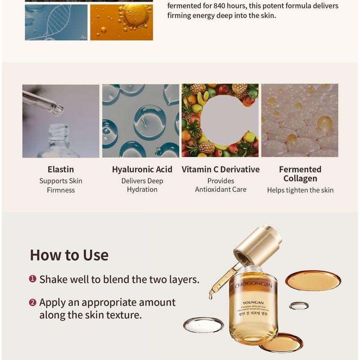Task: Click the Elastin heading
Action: [x=61, y=170]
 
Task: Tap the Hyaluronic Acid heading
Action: [x=142, y=170]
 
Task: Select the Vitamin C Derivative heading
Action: [x=220, y=170]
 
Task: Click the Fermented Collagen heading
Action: [x=300, y=174]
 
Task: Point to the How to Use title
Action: [x=69, y=255]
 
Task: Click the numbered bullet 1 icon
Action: [x=32, y=279]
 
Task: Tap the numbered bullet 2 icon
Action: [x=32, y=302]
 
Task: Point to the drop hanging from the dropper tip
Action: [x=211, y=296]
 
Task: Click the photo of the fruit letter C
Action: [x=220, y=120]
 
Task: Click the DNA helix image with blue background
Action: [x=56, y=22]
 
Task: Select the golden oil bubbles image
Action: [x=121, y=22]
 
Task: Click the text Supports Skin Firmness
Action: [x=61, y=185]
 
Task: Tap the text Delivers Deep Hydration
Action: [x=142, y=185]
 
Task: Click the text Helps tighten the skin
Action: [x=300, y=190]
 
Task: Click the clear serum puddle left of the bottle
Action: [x=203, y=324]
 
